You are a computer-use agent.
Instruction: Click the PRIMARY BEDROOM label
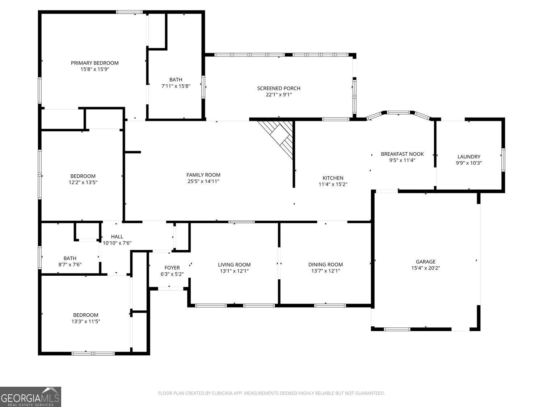[x=94, y=63]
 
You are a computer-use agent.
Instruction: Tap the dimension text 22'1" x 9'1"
[x=278, y=95]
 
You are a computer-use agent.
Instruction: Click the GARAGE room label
[x=425, y=262]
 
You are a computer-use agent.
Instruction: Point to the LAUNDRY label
[x=469, y=157]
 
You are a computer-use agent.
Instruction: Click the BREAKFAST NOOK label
[x=402, y=154]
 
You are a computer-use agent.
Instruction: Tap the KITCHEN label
[x=333, y=178]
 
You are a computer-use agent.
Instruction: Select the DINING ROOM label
[x=325, y=264]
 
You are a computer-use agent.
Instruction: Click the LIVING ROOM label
[x=234, y=264]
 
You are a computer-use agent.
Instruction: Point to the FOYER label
[x=172, y=268]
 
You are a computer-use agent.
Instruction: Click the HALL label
[x=117, y=237]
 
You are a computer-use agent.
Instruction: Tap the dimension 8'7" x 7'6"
[x=70, y=264]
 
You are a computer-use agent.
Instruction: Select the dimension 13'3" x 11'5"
[x=85, y=321]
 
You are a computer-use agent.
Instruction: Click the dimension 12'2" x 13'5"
[x=83, y=182]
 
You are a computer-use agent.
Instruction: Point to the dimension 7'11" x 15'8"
[x=176, y=86]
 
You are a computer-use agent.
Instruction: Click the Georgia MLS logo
[x=30, y=397]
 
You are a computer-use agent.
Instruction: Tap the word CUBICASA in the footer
[x=222, y=393]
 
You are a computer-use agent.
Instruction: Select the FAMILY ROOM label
[x=203, y=175]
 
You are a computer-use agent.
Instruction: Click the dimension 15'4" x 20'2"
[x=425, y=268]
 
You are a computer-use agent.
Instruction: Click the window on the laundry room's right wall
[x=503, y=160]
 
